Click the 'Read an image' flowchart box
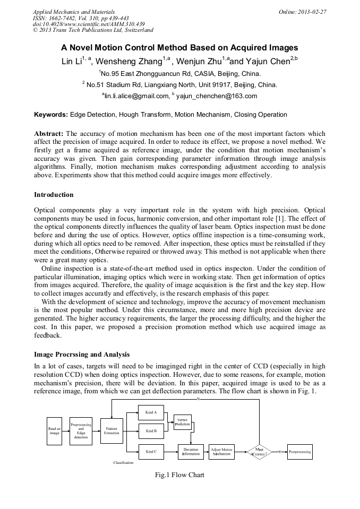[x=54, y=431]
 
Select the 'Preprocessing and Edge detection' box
[x=81, y=430]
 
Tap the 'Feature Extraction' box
[x=112, y=430]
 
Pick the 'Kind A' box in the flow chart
[x=151, y=412]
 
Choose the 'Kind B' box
[x=151, y=430]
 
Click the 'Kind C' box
[x=151, y=452]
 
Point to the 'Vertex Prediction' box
[x=182, y=422]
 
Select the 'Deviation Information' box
[x=191, y=452]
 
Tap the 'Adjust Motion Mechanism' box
[x=221, y=452]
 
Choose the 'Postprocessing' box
[x=299, y=452]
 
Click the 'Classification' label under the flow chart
[x=123, y=463]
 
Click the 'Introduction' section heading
[x=54, y=195]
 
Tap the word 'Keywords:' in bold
[x=51, y=115]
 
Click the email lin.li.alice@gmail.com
[x=134, y=96]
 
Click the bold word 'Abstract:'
[x=49, y=133]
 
